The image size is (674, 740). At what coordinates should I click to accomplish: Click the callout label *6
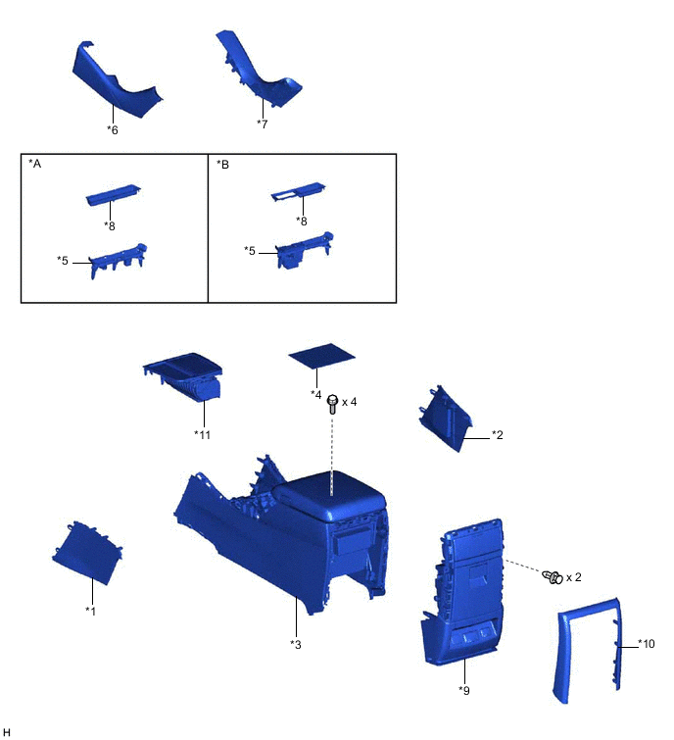coord(113,129)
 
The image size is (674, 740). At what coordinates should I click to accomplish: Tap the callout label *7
coord(263,123)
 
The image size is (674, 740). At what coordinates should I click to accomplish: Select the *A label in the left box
coord(35,164)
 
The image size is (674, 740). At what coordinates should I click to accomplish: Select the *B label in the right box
coord(222,165)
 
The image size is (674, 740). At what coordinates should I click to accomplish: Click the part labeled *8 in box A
coord(114,194)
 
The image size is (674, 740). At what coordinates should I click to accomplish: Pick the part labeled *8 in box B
coord(298,191)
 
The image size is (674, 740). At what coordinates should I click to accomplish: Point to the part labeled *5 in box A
coord(118,261)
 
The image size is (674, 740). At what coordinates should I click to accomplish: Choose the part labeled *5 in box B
coord(304,250)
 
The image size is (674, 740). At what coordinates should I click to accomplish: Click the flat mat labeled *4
coord(321,356)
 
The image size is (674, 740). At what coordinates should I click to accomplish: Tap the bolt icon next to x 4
coord(332,405)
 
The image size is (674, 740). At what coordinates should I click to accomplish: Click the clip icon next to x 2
coord(553,576)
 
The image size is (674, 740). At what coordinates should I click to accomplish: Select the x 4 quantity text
coord(350,402)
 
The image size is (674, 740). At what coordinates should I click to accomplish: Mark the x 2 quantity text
coord(573,577)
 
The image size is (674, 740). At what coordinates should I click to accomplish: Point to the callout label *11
coord(203,434)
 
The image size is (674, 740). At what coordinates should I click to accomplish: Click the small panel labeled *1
coord(87,553)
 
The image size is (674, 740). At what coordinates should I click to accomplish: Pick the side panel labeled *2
coord(445,419)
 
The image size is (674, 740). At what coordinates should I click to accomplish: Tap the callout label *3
coord(296,644)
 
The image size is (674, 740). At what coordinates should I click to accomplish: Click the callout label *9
coord(464,690)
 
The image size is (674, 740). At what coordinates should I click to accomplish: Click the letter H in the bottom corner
coord(6,732)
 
